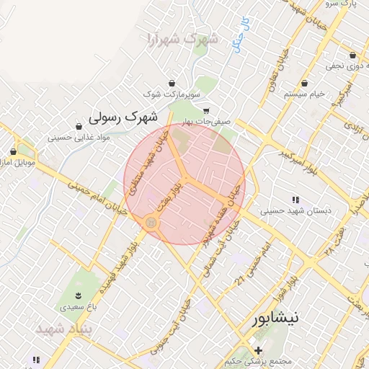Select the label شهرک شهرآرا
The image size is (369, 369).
point(182,38)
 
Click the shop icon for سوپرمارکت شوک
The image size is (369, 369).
point(172,83)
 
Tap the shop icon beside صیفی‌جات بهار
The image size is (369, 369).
point(207,111)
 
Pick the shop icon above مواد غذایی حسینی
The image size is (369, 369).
point(78,126)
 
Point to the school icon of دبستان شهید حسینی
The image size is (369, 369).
point(295,200)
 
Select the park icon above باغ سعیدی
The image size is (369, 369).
point(78,295)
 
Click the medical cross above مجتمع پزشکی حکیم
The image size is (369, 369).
point(257,350)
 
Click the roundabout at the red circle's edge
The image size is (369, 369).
point(151,223)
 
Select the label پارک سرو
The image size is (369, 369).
point(344,4)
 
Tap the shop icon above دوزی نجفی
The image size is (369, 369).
point(352,55)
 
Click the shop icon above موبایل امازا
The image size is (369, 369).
point(14,151)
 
